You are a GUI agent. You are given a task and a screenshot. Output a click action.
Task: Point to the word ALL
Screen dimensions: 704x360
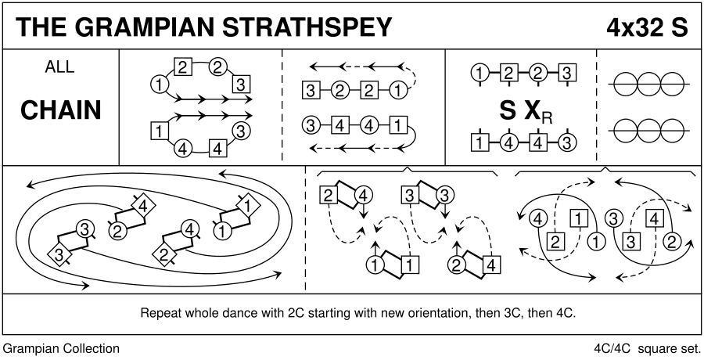59,67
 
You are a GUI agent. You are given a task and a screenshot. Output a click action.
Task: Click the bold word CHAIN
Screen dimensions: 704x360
60,110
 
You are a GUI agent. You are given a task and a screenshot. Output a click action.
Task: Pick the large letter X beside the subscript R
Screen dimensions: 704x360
533,110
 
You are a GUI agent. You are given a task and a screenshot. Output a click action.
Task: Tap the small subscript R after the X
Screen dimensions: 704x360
548,117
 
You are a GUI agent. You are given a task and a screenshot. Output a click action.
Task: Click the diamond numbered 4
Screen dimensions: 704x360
143,207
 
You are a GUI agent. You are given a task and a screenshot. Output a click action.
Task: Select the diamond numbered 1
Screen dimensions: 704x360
246,206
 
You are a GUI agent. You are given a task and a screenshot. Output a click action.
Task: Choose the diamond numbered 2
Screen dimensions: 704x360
163,255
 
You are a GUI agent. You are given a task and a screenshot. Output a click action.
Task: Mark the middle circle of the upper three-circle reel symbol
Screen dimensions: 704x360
648,85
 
